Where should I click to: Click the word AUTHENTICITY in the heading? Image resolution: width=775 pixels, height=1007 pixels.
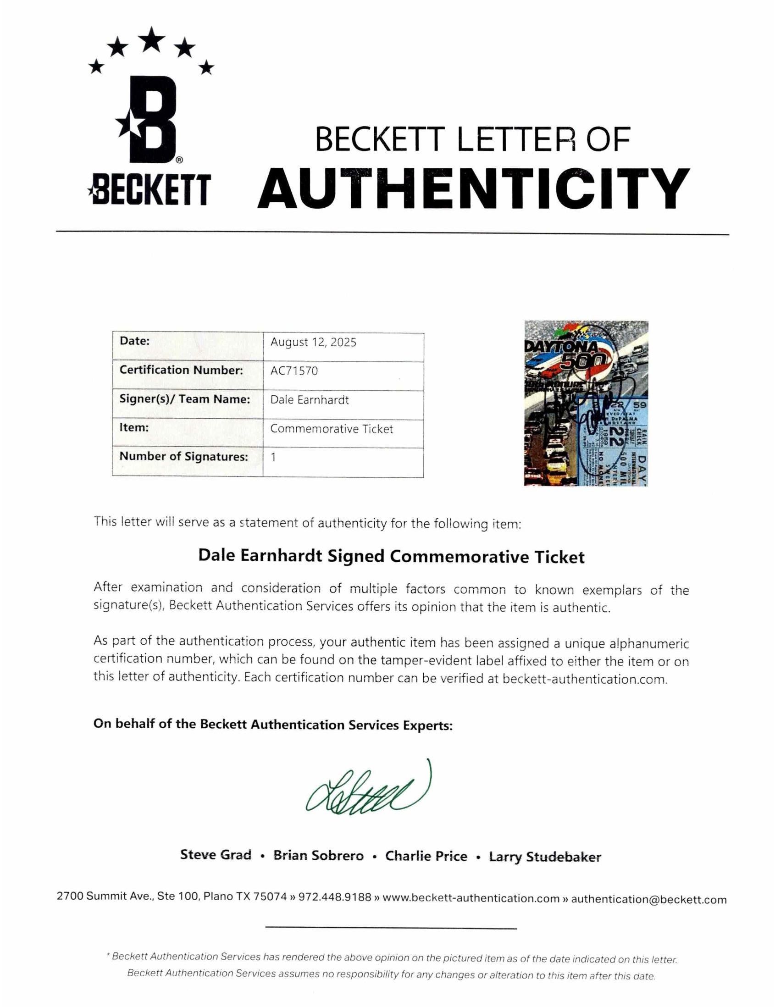[473, 188]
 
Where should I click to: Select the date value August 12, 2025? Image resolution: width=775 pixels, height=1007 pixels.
[313, 342]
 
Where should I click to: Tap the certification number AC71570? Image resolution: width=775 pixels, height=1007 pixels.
[293, 371]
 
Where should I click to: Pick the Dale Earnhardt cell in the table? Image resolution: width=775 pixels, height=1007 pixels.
[310, 400]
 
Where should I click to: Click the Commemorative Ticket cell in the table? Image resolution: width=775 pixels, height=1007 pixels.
[332, 429]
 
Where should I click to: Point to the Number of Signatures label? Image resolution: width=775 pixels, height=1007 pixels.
[183, 456]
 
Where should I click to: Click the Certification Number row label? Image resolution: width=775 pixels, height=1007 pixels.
[181, 370]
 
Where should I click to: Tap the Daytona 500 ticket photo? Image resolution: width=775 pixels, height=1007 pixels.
[586, 403]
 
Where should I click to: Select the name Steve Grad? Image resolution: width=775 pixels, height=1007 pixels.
[216, 855]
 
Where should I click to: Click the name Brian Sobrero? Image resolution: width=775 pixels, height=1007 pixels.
[318, 855]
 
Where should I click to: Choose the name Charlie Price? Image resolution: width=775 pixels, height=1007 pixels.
[426, 856]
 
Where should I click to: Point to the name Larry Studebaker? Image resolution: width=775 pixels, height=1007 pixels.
[545, 857]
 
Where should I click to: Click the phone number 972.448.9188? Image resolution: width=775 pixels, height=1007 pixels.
[335, 897]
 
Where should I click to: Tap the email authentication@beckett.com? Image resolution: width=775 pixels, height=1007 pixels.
[648, 899]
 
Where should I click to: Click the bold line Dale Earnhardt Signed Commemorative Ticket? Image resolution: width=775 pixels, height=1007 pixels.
[391, 557]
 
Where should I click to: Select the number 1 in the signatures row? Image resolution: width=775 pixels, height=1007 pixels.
[273, 457]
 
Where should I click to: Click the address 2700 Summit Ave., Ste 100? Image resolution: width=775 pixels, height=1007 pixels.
[127, 896]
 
